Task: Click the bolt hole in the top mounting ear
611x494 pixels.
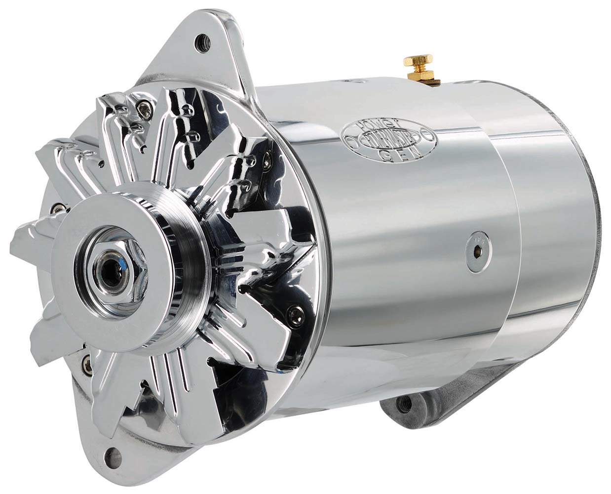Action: click(x=200, y=39)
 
